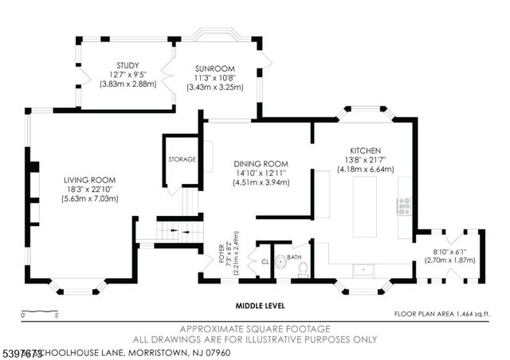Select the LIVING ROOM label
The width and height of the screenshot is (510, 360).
tap(85, 180)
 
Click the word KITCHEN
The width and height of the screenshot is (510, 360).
tap(365, 151)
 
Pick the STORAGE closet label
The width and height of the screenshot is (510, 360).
tap(182, 159)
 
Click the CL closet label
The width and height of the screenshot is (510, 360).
tap(265, 260)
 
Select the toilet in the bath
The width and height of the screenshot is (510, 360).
tap(303, 269)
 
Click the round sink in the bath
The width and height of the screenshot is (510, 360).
tap(280, 260)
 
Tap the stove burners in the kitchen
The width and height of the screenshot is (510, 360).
tap(404, 206)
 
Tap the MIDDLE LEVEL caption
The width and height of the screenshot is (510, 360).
tap(260, 305)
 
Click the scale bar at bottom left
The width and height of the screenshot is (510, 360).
tap(40, 312)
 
